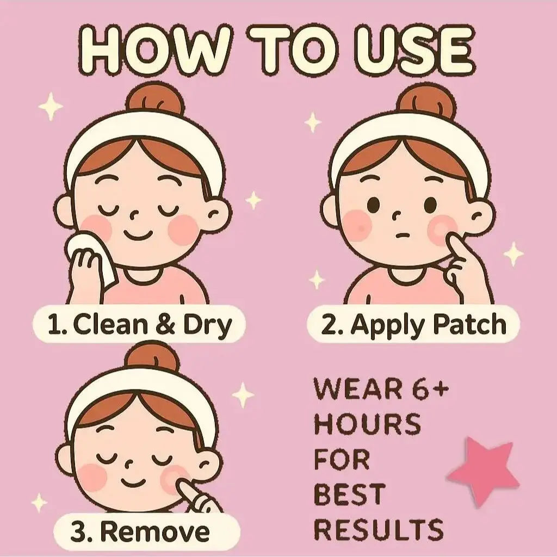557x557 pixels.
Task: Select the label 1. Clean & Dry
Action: coord(139,324)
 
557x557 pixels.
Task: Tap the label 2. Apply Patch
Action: coord(413,324)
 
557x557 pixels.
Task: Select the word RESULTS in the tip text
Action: coord(379,529)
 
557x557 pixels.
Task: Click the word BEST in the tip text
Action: coord(350,494)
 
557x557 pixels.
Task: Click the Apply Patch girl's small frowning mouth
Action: coord(403,235)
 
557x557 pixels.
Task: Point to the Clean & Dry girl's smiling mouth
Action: coord(138,235)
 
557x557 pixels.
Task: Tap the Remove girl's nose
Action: coord(129,463)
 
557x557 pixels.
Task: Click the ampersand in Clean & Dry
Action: coord(165,325)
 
